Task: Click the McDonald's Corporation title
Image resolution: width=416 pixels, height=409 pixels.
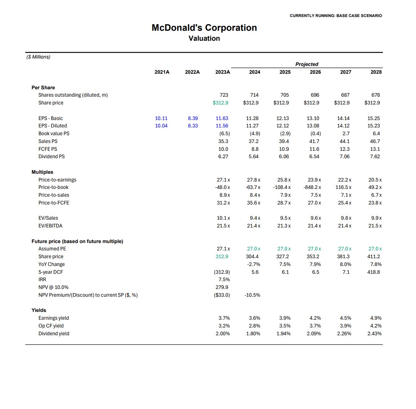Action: [x=204, y=28]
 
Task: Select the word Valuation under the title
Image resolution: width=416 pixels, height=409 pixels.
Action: [x=204, y=39]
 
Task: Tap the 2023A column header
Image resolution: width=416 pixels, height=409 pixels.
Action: [x=222, y=72]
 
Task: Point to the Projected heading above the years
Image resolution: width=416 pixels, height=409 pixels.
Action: [x=306, y=64]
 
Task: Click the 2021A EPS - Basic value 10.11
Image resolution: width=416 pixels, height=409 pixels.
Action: [x=161, y=118]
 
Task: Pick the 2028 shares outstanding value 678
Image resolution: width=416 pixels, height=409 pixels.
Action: [x=375, y=95]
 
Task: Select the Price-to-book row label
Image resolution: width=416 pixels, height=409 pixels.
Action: [x=53, y=187]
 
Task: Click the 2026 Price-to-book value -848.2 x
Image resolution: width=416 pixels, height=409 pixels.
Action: [x=312, y=187]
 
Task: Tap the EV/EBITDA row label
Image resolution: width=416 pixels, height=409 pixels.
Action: [x=50, y=226]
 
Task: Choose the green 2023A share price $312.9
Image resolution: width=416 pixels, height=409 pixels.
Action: [x=220, y=103]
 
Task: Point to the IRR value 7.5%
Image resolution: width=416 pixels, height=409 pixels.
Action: [x=224, y=279]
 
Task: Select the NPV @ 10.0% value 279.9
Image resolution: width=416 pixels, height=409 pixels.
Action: [x=222, y=287]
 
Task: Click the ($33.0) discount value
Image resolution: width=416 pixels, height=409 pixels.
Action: [x=222, y=295]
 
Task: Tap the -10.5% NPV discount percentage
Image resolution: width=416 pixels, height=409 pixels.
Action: [x=252, y=295]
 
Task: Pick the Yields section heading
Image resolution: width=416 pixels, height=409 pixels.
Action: [x=39, y=310]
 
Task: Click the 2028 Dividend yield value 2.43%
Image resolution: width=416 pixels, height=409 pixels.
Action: [x=374, y=333]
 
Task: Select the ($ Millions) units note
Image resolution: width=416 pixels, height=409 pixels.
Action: [x=38, y=57]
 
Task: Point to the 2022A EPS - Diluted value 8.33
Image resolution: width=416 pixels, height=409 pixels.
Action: [x=193, y=126]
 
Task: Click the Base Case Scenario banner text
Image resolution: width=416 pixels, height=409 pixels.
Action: [x=336, y=16]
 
